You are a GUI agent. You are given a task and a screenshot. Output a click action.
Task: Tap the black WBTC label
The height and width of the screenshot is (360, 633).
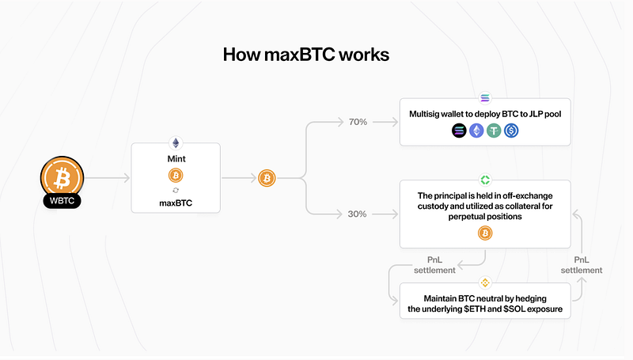pyautogui.click(x=61, y=201)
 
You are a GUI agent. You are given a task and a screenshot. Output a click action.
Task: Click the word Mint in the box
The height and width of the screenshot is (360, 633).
pyautogui.click(x=175, y=158)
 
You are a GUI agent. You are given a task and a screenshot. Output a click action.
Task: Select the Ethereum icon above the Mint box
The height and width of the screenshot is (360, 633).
pyautogui.click(x=175, y=143)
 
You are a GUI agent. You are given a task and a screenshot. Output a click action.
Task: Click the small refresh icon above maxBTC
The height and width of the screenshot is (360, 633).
pyautogui.click(x=175, y=191)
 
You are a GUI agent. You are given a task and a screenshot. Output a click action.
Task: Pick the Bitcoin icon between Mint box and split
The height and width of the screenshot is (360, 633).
pyautogui.click(x=267, y=179)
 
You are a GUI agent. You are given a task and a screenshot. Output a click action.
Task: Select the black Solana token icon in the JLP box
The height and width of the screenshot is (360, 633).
pyautogui.click(x=460, y=131)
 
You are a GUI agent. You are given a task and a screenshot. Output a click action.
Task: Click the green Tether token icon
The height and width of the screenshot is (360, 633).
pyautogui.click(x=494, y=131)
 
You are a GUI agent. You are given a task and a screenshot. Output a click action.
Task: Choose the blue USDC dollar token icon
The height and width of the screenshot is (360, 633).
pyautogui.click(x=510, y=131)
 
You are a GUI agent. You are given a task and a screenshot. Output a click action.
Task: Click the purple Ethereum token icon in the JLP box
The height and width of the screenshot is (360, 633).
pyautogui.click(x=476, y=131)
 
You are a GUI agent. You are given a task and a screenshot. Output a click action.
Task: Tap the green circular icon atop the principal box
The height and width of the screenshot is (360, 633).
pyautogui.click(x=484, y=181)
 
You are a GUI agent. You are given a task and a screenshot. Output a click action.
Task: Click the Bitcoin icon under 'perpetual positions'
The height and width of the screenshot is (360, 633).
pyautogui.click(x=484, y=233)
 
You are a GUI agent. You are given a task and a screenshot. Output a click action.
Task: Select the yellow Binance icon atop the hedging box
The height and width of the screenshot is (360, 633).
pyautogui.click(x=484, y=282)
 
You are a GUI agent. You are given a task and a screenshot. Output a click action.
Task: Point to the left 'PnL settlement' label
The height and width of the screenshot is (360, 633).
pyautogui.click(x=434, y=264)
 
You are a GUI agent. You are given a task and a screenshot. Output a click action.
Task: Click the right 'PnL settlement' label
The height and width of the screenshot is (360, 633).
pyautogui.click(x=581, y=264)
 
